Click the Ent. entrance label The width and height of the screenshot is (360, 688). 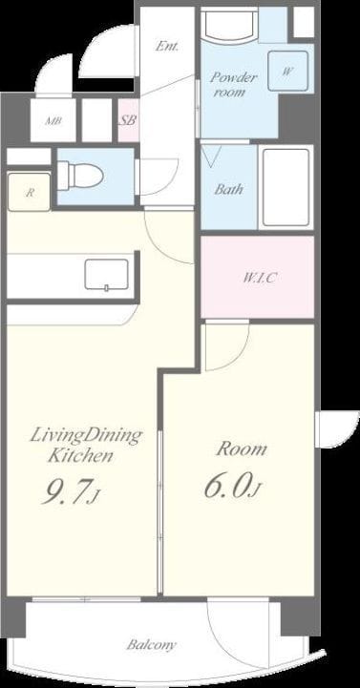[167, 46]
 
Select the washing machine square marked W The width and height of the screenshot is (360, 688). [288, 71]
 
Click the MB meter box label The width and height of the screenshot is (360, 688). [53, 120]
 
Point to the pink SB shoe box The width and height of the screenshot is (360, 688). [128, 120]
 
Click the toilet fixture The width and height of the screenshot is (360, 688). [80, 176]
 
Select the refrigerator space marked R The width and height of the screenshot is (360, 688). [29, 192]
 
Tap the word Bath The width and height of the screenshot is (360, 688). [228, 190]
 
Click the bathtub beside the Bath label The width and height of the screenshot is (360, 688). [286, 187]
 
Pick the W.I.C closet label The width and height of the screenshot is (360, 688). [261, 278]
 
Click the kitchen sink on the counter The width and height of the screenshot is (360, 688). [107, 275]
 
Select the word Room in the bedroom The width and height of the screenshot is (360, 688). [242, 448]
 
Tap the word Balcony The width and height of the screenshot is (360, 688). [152, 644]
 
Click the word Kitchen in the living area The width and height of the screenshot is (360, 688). [80, 456]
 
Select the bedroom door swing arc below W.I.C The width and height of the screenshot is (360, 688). [240, 354]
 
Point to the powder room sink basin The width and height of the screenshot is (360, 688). [229, 26]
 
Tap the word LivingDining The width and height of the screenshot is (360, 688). [86, 436]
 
